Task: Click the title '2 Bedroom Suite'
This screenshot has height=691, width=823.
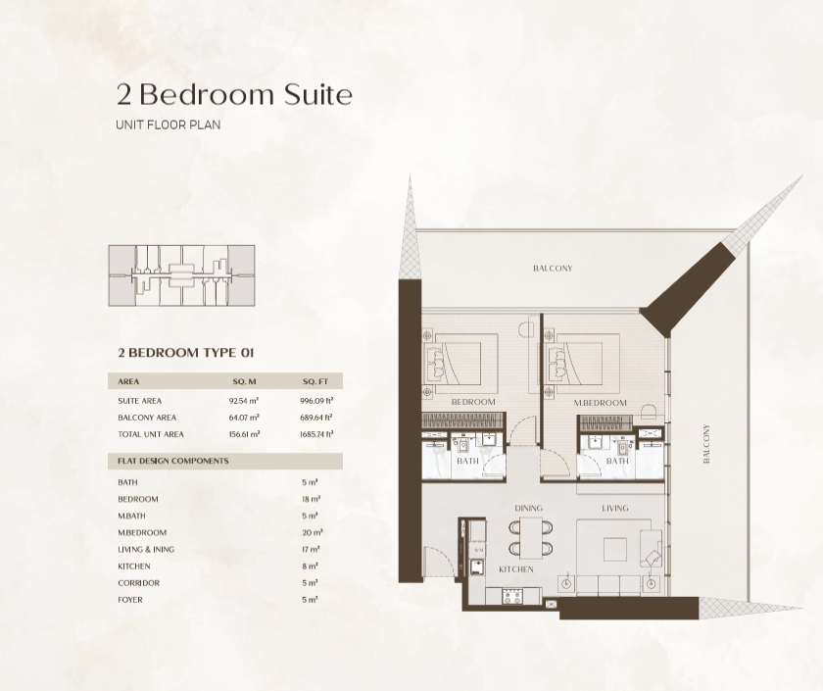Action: [234, 94]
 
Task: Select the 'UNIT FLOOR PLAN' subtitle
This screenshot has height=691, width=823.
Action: [168, 125]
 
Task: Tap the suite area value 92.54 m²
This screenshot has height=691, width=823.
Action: [244, 401]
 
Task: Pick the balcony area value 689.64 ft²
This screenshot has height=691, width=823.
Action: [316, 418]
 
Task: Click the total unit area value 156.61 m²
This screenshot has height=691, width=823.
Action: [244, 434]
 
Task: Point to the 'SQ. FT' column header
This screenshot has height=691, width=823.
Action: [315, 381]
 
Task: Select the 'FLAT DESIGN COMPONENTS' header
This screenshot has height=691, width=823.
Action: [173, 461]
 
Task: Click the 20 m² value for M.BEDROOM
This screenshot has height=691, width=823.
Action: [313, 532]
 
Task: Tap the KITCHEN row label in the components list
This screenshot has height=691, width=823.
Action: [134, 567]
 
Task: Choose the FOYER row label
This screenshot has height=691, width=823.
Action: [130, 600]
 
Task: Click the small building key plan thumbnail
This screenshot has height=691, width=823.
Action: [181, 275]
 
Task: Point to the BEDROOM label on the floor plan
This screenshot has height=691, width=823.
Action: [473, 402]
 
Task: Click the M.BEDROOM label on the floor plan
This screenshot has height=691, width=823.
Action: [600, 403]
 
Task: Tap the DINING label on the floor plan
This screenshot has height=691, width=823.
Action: [528, 508]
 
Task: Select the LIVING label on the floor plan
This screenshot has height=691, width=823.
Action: [614, 508]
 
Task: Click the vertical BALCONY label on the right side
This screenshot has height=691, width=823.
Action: [706, 444]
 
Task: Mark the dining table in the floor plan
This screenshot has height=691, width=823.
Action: [531, 538]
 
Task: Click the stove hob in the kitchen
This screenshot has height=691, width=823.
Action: [512, 596]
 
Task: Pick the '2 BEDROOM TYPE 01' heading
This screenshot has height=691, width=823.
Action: [186, 352]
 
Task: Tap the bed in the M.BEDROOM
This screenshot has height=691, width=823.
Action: [574, 364]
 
